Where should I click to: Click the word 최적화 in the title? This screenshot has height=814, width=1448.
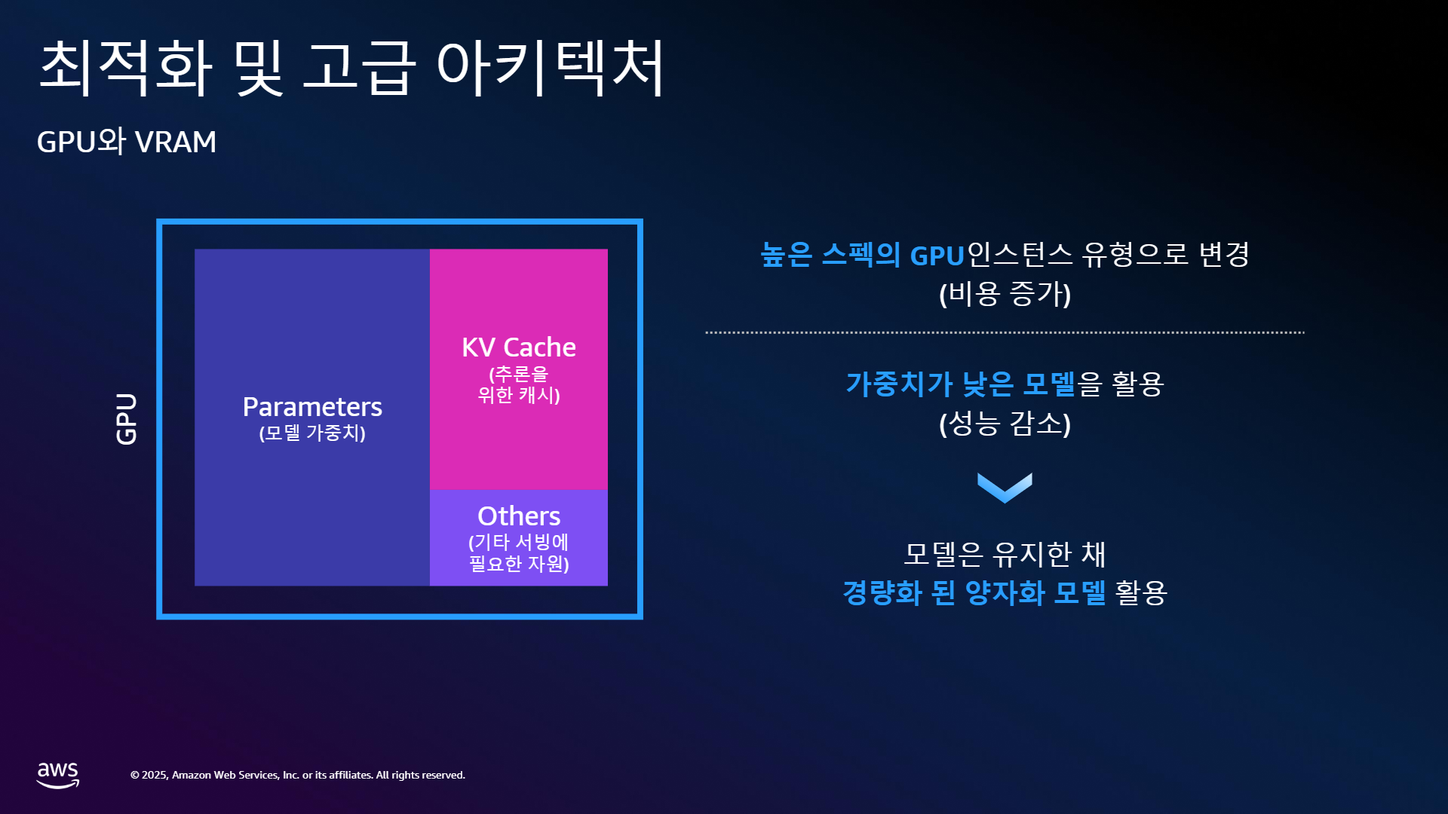(x=125, y=68)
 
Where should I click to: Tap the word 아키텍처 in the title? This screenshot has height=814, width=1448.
(x=551, y=68)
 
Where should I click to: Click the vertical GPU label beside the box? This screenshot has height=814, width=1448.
(x=127, y=419)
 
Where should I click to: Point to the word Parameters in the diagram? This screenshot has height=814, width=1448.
(x=312, y=407)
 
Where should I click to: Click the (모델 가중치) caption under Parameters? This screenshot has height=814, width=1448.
(x=312, y=433)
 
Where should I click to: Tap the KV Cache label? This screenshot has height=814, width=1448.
(x=519, y=347)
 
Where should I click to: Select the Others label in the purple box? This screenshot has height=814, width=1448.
(x=519, y=516)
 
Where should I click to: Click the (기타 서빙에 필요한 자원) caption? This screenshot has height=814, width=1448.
(x=519, y=552)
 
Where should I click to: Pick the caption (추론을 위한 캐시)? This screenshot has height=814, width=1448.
(x=519, y=384)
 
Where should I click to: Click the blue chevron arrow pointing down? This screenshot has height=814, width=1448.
(x=1005, y=488)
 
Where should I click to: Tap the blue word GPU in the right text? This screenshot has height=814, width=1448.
(x=937, y=256)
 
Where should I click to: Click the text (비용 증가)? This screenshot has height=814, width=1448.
(x=1005, y=293)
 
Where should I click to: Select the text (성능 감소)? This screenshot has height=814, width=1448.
(x=1005, y=423)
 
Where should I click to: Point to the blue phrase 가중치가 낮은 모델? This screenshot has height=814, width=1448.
(x=960, y=384)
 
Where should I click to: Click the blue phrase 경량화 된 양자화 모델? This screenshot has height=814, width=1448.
(x=974, y=592)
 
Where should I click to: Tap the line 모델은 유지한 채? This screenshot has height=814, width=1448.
(x=1005, y=554)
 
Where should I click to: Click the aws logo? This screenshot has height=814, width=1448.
(x=58, y=775)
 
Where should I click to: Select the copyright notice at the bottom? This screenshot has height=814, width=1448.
(x=298, y=775)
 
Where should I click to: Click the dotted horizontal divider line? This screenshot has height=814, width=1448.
(x=1005, y=332)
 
